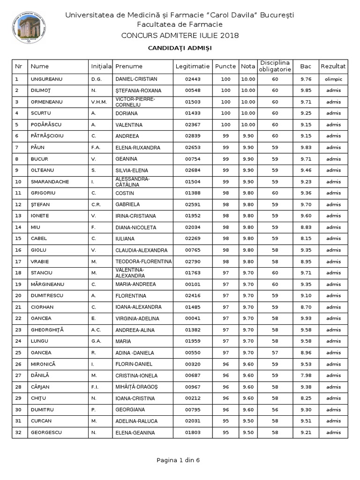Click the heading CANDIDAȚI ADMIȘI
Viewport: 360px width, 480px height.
180,48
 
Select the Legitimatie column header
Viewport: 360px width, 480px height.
193,67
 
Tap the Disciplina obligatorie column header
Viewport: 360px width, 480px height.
275,66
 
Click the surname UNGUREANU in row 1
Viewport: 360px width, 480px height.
45,79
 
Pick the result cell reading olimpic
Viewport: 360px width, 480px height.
333,79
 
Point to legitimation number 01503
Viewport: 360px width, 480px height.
193,102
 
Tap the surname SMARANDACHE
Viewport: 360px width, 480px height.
50,181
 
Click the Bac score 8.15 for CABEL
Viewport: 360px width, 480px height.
306,239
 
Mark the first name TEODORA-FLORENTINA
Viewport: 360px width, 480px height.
143,262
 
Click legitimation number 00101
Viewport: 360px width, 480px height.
193,284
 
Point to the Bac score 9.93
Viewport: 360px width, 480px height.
306,318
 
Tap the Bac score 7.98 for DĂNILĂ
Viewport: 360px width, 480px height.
306,375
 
